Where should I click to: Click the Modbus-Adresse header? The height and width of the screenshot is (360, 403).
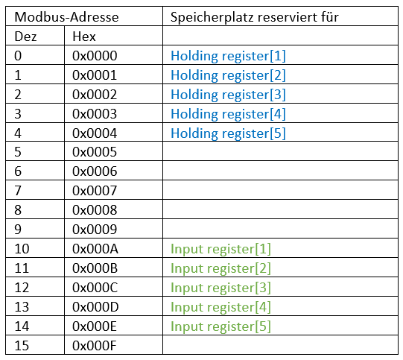coord(66,17)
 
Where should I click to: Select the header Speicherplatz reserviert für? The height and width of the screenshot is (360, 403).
coord(255,17)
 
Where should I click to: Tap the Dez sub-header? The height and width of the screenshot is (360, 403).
coord(25,37)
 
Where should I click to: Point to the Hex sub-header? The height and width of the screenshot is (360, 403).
coord(84,37)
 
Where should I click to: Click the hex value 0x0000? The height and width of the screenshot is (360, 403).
coord(95,56)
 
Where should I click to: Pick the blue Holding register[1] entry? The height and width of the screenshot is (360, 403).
coord(228,56)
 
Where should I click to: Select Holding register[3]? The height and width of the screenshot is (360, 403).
coord(228,95)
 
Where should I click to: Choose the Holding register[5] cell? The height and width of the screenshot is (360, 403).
coord(228,133)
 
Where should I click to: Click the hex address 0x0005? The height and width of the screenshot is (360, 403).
coord(95,152)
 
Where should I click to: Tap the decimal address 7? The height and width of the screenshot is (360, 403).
coord(18,191)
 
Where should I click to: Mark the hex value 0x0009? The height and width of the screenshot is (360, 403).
coord(95,230)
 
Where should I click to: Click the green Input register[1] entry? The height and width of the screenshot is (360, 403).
coord(220,249)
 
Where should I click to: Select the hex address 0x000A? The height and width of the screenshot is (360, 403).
coord(95,249)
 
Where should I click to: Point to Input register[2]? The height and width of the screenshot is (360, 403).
coord(220,268)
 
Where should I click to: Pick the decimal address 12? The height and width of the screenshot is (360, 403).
coord(22,288)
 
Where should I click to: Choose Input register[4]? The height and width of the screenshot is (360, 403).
coord(220,307)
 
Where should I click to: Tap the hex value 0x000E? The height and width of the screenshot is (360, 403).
coord(95,326)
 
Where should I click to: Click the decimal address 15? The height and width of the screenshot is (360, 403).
coord(22,346)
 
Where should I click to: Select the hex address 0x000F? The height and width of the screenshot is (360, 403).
coord(95,346)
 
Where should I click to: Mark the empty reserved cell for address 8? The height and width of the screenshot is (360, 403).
coord(280,209)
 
